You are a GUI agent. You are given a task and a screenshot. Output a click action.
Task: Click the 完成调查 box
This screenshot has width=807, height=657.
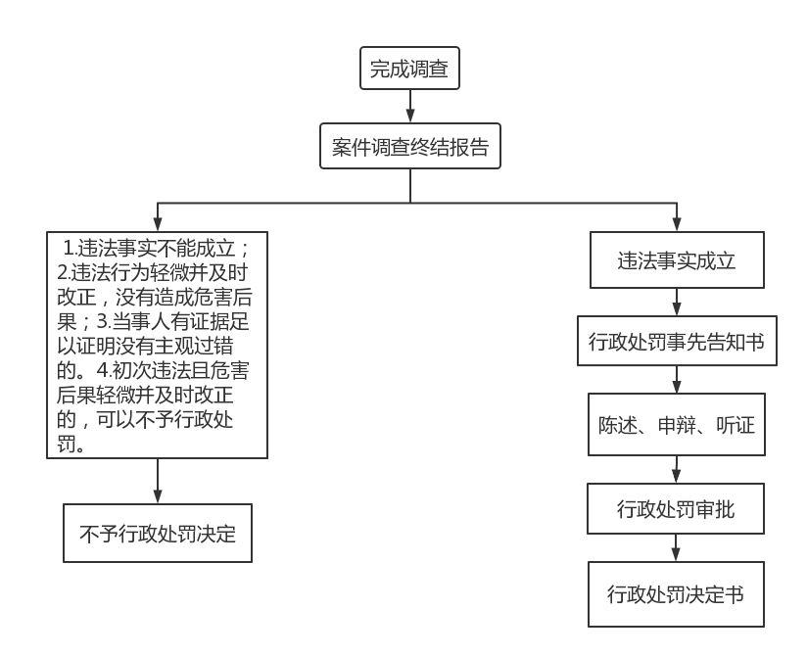point(409,68)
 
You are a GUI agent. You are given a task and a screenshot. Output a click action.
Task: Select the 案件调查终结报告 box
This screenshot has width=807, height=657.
point(410,146)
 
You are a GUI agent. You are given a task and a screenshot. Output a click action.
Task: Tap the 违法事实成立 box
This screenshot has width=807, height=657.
point(677,259)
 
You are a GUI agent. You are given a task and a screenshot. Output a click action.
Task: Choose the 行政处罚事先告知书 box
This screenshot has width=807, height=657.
point(677,341)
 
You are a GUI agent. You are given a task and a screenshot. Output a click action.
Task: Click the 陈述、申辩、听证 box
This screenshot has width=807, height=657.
point(677,424)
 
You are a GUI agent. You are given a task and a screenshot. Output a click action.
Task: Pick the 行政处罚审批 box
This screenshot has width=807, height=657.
point(676,508)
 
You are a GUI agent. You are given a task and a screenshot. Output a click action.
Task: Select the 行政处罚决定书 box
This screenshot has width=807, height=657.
point(676,594)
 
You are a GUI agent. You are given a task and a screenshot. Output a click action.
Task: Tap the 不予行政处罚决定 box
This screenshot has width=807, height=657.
point(158,533)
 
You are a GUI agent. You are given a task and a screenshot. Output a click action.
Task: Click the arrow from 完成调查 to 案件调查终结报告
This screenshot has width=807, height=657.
point(410,106)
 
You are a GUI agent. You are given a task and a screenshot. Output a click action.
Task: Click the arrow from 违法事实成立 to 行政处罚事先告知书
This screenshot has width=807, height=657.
point(677,302)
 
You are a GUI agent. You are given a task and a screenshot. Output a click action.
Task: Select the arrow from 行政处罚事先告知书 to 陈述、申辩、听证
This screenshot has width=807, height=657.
point(677,380)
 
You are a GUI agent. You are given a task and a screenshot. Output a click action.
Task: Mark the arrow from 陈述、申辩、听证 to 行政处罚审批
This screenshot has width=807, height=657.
point(677,469)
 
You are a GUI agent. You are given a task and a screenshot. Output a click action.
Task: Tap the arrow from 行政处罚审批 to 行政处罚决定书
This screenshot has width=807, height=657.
point(676,547)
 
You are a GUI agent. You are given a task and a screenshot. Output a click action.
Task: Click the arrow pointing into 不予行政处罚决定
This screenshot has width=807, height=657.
point(158,481)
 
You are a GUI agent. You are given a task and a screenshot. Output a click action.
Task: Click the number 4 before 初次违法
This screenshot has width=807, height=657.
point(102,370)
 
